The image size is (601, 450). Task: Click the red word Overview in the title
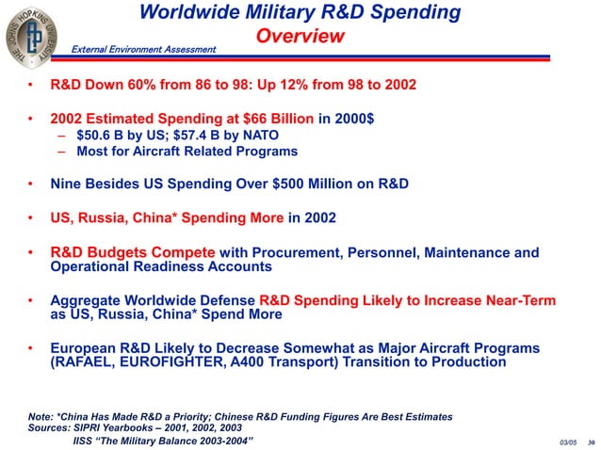299,37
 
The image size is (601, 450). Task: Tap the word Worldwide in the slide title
187,12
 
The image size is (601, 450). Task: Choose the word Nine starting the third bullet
66,185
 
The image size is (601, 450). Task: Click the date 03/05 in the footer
567,442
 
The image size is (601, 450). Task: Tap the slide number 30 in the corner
591,442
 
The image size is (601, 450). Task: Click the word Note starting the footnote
41,415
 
